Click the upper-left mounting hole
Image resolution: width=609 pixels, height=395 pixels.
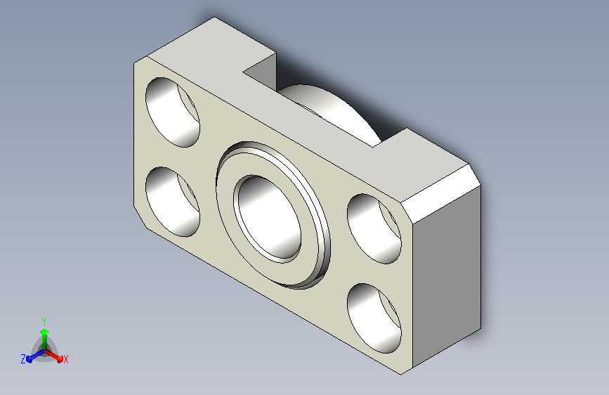pos(173,112)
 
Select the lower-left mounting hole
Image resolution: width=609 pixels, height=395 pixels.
pos(172,201)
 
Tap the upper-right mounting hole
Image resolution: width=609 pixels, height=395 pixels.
pos(374,228)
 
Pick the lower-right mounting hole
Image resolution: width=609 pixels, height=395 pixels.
pos(374,318)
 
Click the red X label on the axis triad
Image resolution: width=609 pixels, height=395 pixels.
pos(66,360)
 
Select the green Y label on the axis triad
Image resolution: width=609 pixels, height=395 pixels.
pos(44,319)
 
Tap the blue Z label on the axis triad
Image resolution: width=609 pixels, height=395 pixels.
pos(23,359)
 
